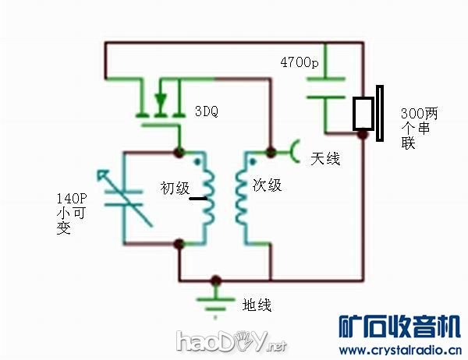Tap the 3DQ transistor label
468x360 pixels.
pos(205,111)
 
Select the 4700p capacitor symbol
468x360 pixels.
pos(327,87)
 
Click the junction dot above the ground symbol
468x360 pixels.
pos(216,280)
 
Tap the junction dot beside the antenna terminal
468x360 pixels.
pos(271,149)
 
